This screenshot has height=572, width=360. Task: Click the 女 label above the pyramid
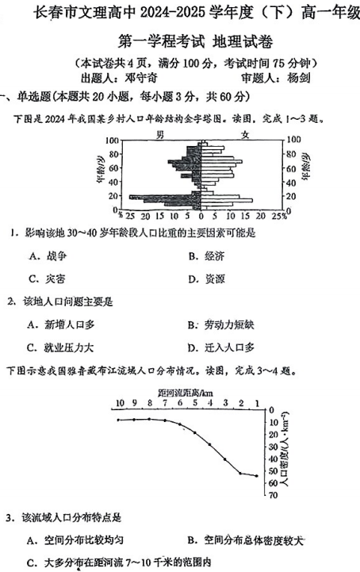click(x=246, y=134)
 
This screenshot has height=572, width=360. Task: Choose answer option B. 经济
click(x=208, y=255)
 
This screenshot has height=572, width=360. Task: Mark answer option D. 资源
click(x=208, y=278)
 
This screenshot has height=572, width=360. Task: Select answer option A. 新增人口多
click(x=60, y=324)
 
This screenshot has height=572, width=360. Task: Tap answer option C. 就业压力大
click(x=60, y=347)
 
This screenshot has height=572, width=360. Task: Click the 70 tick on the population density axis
click(x=272, y=495)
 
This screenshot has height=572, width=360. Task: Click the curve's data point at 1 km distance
click(x=257, y=476)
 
